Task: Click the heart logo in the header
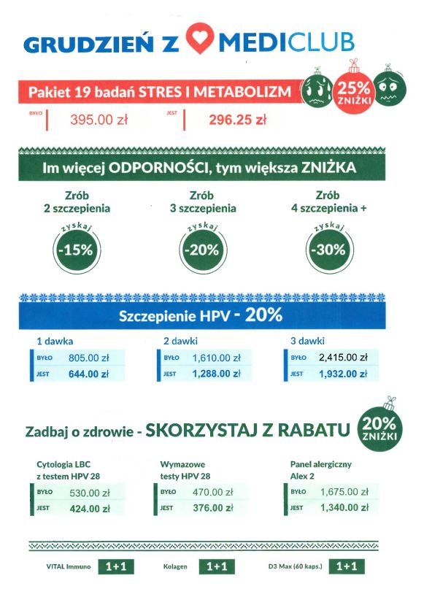pyautogui.click(x=201, y=41)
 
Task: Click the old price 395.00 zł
pyautogui.click(x=99, y=120)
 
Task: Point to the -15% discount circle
pyautogui.click(x=77, y=249)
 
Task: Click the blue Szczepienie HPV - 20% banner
pyautogui.click(x=201, y=317)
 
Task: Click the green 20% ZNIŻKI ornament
pyautogui.click(x=379, y=429)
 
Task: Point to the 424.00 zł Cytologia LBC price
pyautogui.click(x=89, y=508)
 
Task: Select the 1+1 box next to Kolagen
pyautogui.click(x=217, y=566)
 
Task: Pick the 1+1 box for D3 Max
pyautogui.click(x=347, y=566)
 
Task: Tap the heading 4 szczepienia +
pyautogui.click(x=328, y=208)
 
